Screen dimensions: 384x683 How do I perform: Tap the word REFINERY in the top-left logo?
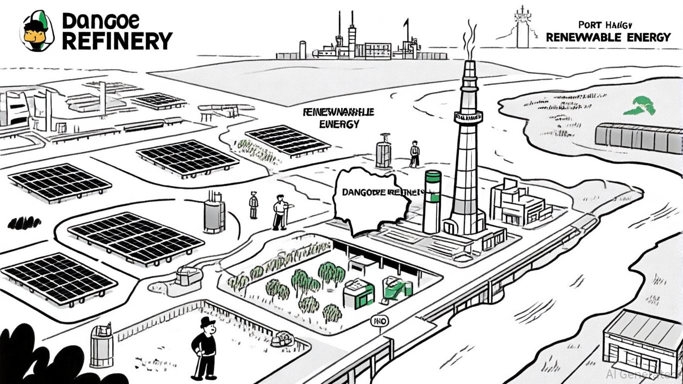[x=117, y=40]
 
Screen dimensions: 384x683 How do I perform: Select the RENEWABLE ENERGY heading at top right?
[x=608, y=37]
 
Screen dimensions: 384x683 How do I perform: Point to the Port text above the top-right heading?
[x=589, y=24]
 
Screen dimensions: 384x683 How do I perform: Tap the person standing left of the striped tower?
[x=414, y=153]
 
